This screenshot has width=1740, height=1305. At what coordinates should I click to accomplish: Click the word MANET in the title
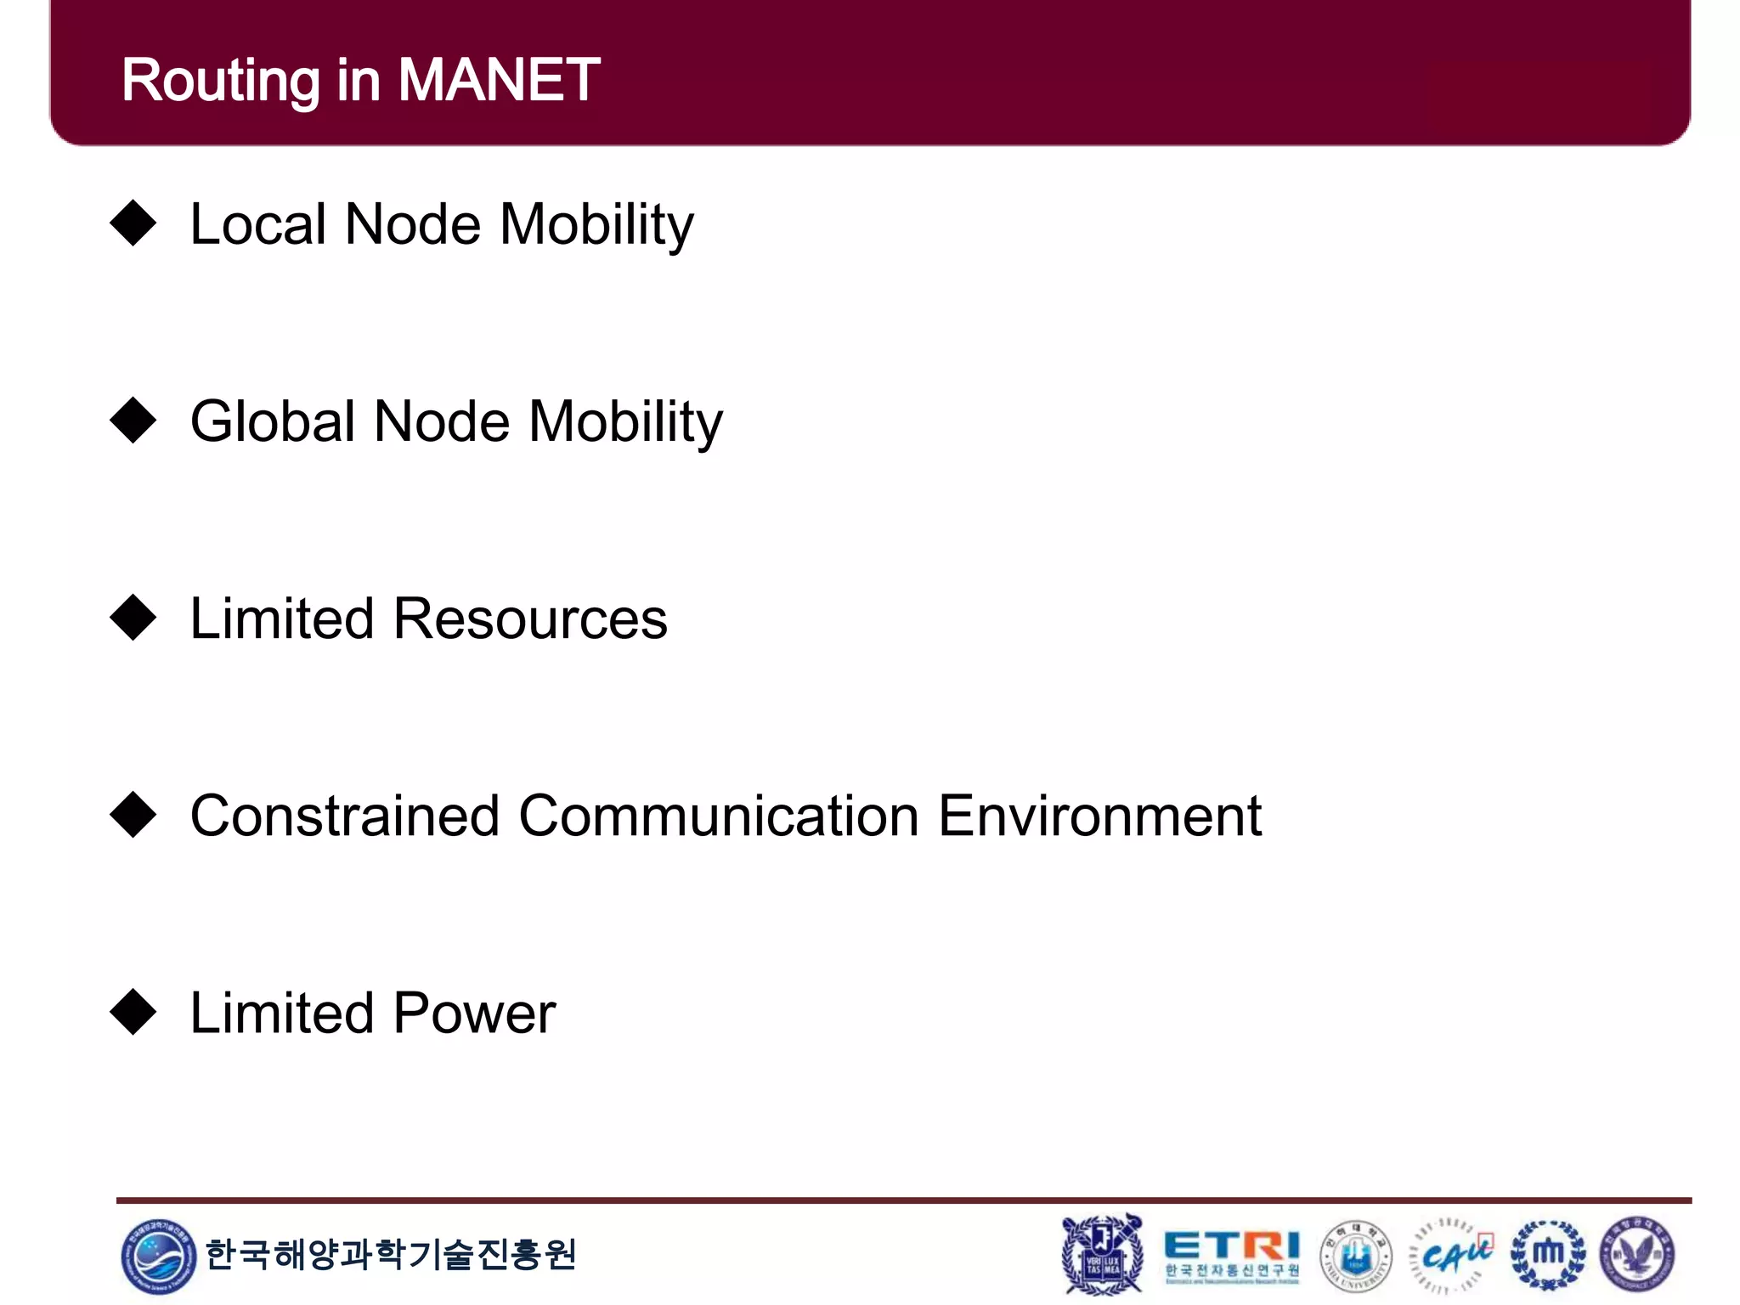point(499,80)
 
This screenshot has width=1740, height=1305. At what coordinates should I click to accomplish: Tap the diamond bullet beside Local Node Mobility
point(133,223)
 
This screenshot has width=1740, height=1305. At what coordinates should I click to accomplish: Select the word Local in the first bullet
point(258,224)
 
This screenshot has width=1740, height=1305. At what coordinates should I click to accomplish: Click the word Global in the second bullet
point(272,421)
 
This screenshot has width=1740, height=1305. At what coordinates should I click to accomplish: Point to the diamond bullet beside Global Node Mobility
point(133,421)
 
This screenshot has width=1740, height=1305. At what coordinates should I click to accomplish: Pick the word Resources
point(530,619)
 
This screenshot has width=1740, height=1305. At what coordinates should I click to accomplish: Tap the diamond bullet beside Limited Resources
point(133,618)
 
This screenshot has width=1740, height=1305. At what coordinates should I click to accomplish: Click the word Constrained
point(344,816)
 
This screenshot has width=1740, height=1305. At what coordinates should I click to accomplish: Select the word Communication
point(719,816)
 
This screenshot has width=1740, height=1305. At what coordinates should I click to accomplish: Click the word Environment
point(1099,816)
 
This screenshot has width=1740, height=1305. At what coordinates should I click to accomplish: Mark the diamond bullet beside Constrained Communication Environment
point(133,815)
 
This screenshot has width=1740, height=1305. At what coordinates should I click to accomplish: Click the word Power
point(474,1013)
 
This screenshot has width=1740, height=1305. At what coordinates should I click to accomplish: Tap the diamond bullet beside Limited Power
point(133,1012)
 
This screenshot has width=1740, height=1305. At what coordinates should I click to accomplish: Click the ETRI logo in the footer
point(1231,1254)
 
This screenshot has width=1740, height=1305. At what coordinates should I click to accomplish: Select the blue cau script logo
point(1454,1254)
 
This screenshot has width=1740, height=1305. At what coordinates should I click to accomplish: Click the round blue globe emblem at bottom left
point(158,1257)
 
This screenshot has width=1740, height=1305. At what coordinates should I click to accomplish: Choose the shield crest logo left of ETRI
point(1102,1254)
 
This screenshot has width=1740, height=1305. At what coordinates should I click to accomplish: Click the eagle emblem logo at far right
point(1637,1254)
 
